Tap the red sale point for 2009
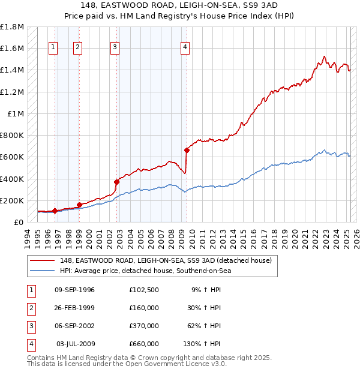(x=187, y=151)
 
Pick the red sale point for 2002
(x=117, y=182)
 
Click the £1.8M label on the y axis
(x=12, y=28)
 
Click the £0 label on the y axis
(x=19, y=222)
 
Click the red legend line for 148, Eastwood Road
(x=42, y=260)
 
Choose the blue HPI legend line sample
(x=42, y=271)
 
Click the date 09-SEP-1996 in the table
(x=74, y=290)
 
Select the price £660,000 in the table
(x=144, y=344)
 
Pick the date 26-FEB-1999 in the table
(x=74, y=308)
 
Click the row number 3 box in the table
(x=30, y=326)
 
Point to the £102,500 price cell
(x=144, y=290)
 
